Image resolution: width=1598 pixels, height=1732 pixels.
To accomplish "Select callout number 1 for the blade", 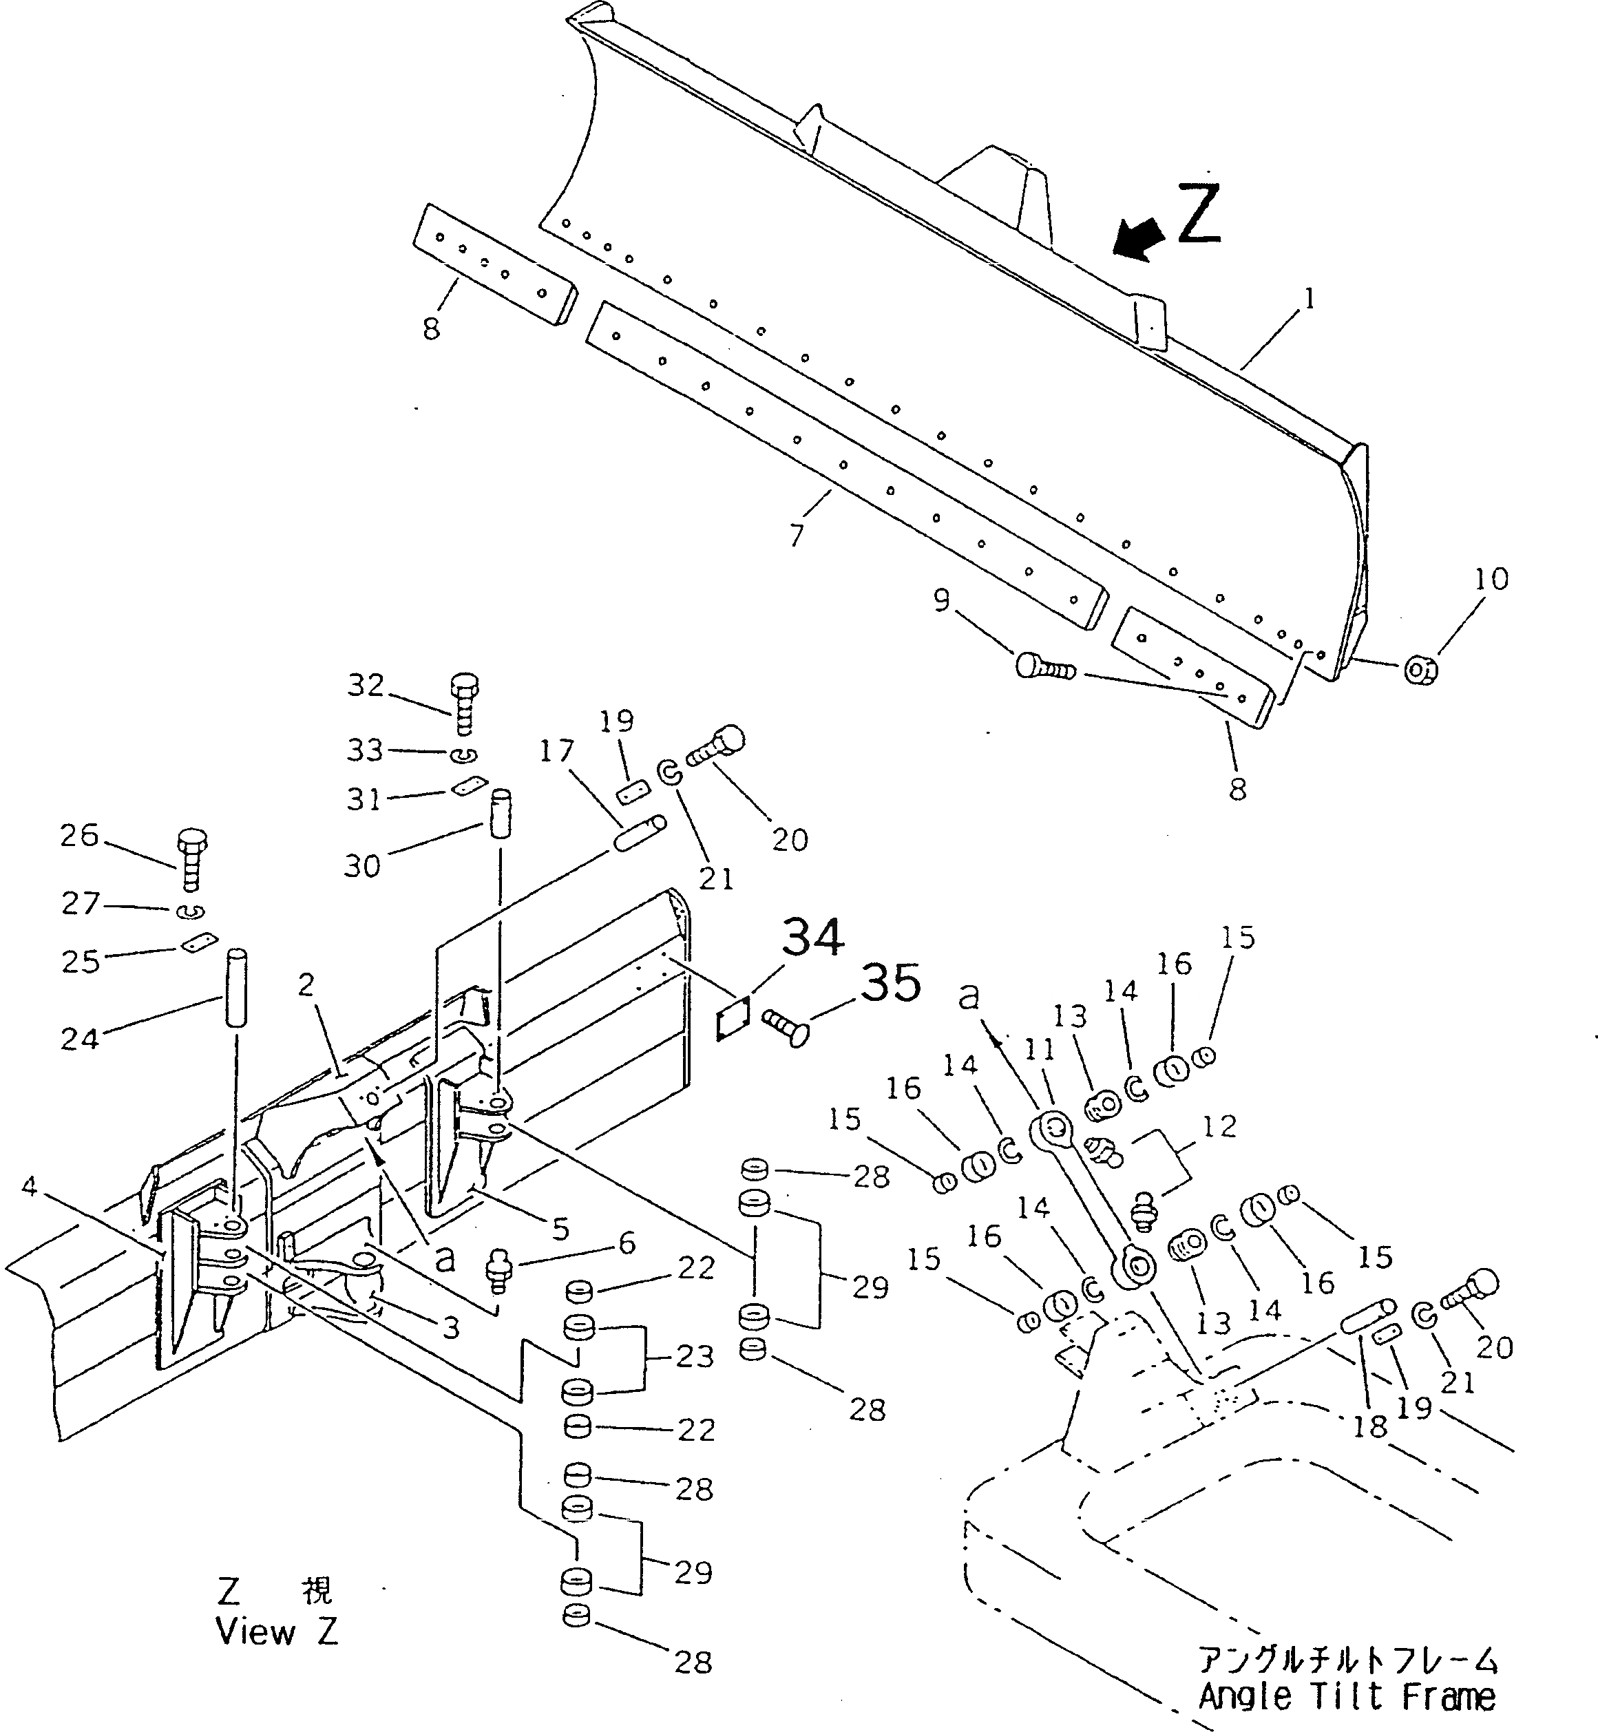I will [x=1310, y=299].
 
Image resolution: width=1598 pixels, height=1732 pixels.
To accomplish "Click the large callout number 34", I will [x=814, y=938].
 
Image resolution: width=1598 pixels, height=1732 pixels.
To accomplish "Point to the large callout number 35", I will [x=892, y=983].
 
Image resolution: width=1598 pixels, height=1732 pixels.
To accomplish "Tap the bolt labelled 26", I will [x=192, y=860].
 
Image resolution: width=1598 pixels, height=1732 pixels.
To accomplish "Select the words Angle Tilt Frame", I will [x=1347, y=1698].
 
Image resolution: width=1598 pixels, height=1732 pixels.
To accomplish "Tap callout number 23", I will [x=695, y=1357].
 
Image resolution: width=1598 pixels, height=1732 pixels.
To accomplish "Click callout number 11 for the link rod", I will [x=1040, y=1050].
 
